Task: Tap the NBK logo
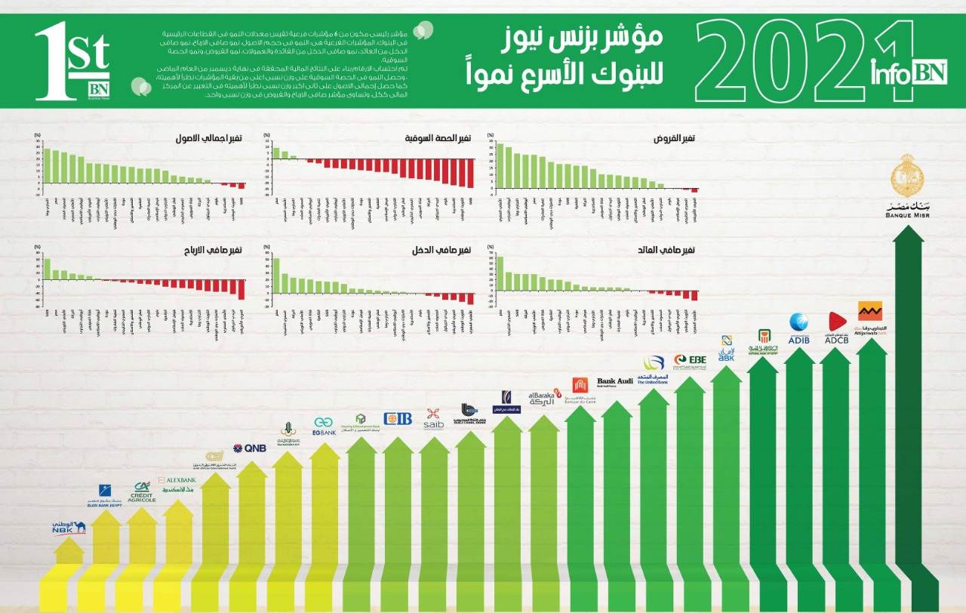coord(69,527)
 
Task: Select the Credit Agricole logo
coord(140,492)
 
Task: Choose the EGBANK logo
coord(324,427)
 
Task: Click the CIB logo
coord(398,418)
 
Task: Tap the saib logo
coord(433,418)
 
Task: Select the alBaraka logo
coord(541,398)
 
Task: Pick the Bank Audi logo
coord(615,383)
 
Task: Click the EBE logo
coord(690,361)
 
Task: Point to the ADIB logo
coord(798,328)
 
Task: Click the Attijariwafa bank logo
coord(870,317)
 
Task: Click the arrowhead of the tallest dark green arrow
coord(908,234)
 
